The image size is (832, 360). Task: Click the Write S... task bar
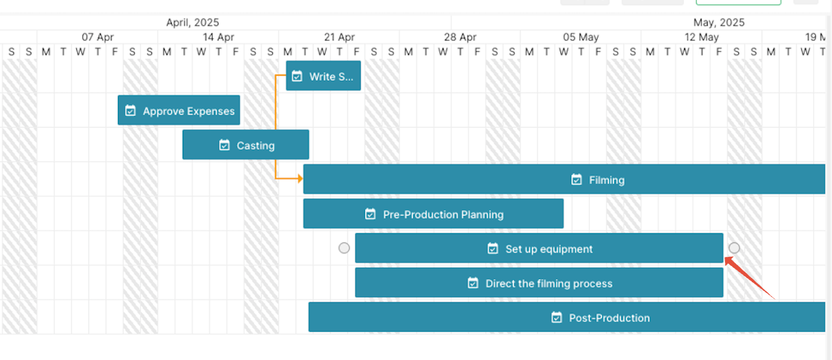point(323,76)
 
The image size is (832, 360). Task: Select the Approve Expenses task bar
point(179,110)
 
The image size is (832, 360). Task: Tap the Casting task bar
point(245,145)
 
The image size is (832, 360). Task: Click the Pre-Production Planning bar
point(433,213)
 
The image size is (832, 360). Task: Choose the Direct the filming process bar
point(539,282)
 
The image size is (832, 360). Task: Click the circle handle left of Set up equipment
point(344,248)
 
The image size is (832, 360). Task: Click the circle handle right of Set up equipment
point(734,248)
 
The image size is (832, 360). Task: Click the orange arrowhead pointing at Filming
point(300,179)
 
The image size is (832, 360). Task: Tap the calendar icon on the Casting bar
point(224,145)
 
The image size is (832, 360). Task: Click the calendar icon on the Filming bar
point(576,179)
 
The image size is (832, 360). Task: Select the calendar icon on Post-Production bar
point(557,317)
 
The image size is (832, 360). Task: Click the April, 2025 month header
point(192,22)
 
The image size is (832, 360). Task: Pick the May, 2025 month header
point(719,22)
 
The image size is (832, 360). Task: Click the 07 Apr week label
point(98,37)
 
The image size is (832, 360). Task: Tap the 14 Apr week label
point(218,37)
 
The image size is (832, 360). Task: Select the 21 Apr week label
point(339,37)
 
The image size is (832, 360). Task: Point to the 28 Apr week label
point(460,37)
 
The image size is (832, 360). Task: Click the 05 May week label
point(581,37)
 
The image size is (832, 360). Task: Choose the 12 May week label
point(701,37)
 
